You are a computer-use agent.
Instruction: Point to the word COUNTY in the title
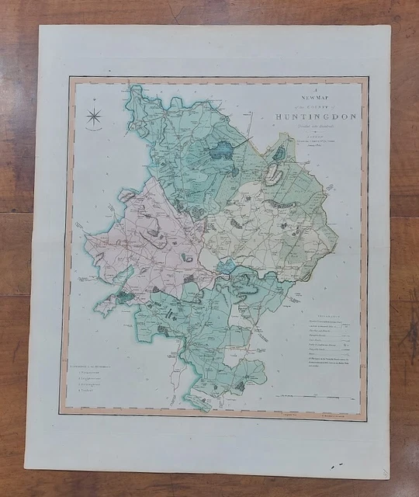tap(301, 105)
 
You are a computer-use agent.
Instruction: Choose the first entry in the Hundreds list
tap(93, 370)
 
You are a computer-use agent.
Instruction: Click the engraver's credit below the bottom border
tap(326, 417)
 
